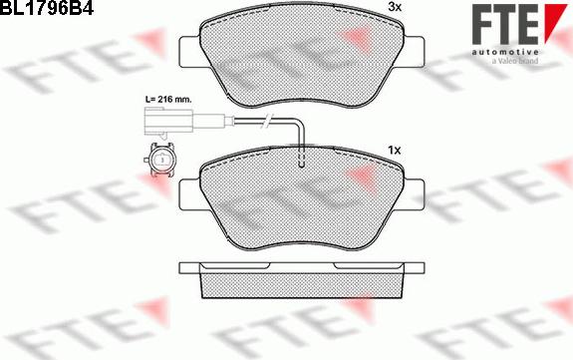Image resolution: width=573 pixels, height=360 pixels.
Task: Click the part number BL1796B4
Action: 47,7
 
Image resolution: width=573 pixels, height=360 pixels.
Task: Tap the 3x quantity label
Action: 395,7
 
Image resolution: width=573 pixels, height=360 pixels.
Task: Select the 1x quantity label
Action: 395,150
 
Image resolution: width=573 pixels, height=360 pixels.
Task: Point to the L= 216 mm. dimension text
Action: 168,99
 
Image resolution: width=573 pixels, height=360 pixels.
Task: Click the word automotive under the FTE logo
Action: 505,52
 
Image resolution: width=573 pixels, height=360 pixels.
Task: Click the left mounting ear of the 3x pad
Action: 190,52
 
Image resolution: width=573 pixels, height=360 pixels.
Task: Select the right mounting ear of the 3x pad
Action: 414,52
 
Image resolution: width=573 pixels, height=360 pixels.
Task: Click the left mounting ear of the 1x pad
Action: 190,194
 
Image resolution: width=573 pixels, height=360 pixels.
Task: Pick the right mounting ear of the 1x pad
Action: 414,194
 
